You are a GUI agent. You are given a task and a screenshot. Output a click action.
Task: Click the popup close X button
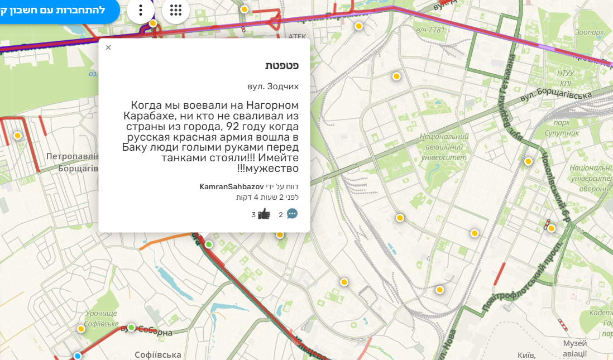pyautogui.click(x=108, y=47)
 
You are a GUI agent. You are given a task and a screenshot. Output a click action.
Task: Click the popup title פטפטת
pyautogui.click(x=281, y=65)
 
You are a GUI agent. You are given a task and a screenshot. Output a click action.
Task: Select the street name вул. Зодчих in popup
pyautogui.click(x=273, y=87)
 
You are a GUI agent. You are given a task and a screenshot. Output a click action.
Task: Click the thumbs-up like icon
pyautogui.click(x=264, y=214)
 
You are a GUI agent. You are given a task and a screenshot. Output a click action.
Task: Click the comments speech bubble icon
pyautogui.click(x=292, y=214)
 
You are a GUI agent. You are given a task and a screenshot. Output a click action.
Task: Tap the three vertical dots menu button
pyautogui.click(x=141, y=10)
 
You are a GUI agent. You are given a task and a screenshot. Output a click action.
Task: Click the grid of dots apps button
pyautogui.click(x=176, y=10)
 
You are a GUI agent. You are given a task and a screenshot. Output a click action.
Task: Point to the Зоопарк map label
pyautogui.click(x=589, y=32)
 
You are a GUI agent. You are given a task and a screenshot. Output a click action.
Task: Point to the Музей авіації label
pyautogui.click(x=575, y=348)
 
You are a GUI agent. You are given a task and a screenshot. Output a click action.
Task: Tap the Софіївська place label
pyautogui.click(x=158, y=354)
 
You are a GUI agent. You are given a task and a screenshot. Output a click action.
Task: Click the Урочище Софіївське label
pyautogui.click(x=101, y=318)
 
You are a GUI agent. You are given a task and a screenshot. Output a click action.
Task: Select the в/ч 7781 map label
pyautogui.click(x=430, y=29)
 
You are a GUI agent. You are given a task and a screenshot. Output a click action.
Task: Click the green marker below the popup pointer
pyautogui.click(x=209, y=244)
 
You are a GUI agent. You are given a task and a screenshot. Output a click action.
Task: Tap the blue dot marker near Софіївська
pyautogui.click(x=78, y=356)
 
